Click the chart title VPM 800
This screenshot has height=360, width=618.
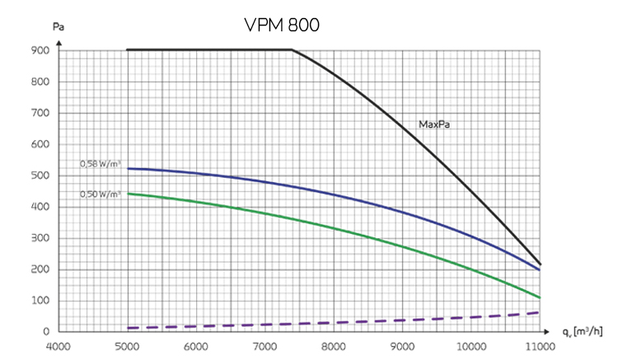pos(282,25)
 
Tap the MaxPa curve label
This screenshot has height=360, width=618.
pos(438,125)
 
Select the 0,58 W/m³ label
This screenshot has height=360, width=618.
pos(101,164)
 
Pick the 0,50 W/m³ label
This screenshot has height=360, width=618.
pos(101,194)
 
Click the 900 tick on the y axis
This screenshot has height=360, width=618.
pos(41,50)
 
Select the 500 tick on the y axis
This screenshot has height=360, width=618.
pos(41,175)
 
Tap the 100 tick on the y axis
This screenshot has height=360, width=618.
pos(41,301)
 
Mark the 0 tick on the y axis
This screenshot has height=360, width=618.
pos(49,331)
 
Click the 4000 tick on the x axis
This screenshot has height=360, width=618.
pos(57,346)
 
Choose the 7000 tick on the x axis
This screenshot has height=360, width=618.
pos(264,346)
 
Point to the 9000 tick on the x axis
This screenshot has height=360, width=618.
pos(401,346)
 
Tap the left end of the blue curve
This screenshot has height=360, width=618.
pos(127,168)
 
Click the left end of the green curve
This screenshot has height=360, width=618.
pos(127,194)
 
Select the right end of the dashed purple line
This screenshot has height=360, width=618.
pos(539,312)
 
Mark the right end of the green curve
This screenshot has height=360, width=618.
pos(539,297)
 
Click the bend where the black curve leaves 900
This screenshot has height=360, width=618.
pos(293,50)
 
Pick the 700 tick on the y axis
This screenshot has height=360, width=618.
pos(41,113)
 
